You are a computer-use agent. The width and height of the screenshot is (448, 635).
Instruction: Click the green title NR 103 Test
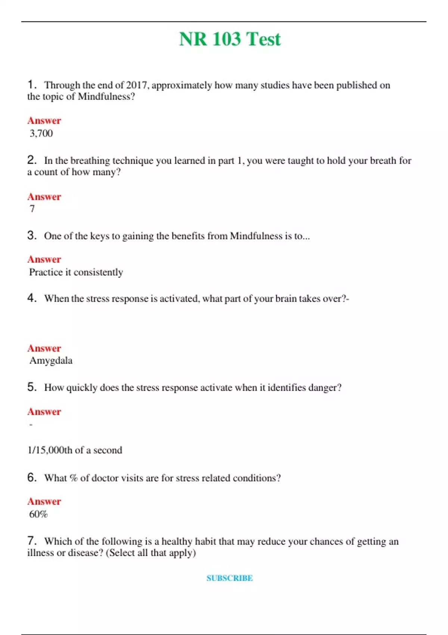230,39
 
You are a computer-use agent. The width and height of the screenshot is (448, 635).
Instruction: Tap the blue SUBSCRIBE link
230,578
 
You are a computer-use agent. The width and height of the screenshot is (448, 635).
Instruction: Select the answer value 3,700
41,133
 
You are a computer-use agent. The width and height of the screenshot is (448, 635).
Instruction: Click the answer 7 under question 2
32,209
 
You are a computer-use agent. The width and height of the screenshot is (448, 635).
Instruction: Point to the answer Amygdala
51,360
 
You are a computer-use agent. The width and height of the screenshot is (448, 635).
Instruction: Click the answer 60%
38,514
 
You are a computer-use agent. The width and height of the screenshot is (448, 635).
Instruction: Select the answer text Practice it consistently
76,272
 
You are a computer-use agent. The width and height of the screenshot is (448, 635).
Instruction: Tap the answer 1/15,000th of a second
75,450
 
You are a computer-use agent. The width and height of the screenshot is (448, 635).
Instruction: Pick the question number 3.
32,235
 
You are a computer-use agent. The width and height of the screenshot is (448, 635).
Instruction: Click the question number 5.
32,387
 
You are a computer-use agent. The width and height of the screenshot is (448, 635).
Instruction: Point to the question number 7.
32,540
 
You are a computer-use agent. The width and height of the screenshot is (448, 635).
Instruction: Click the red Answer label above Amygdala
44,348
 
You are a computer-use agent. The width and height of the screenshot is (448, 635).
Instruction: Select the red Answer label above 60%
44,501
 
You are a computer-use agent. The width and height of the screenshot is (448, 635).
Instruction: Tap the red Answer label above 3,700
44,121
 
